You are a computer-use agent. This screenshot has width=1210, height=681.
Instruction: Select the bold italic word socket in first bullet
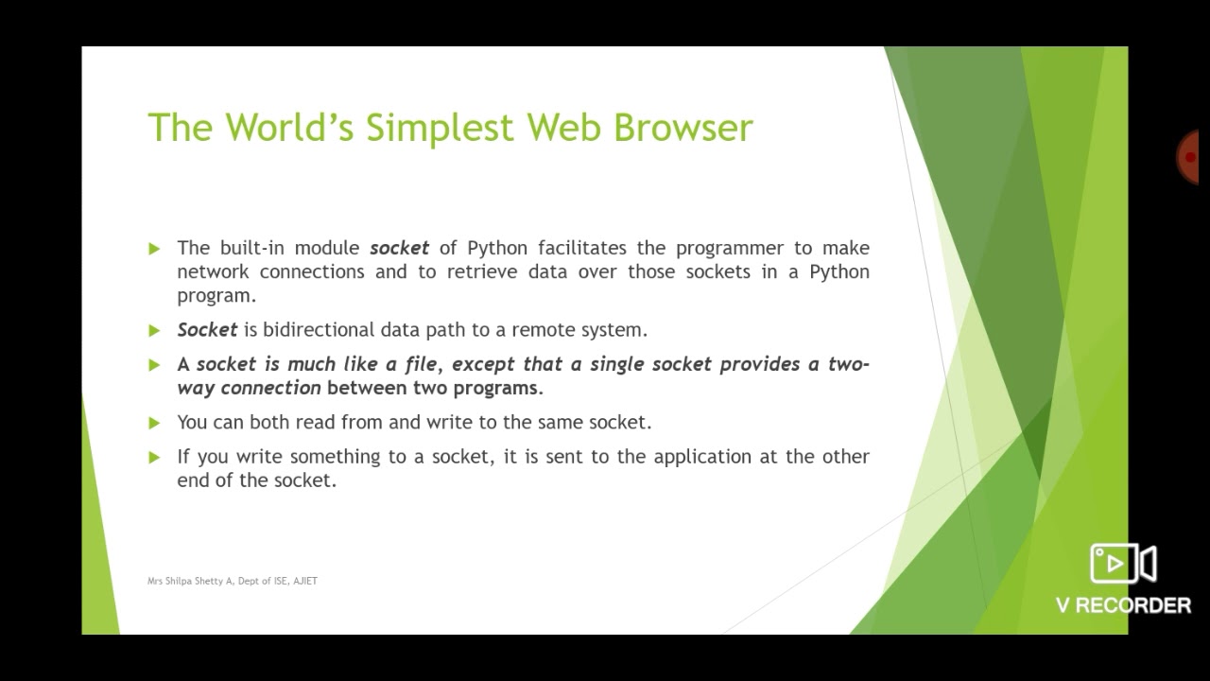(399, 248)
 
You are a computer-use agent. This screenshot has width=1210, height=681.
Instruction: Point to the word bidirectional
(319, 330)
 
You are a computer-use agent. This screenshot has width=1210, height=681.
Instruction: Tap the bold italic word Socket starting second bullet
(207, 330)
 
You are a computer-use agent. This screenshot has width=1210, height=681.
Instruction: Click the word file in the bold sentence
(421, 364)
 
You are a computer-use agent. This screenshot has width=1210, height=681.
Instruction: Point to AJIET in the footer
(305, 581)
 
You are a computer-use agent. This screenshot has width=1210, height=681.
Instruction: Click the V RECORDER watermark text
(1123, 605)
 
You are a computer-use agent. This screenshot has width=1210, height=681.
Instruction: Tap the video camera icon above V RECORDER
(1123, 564)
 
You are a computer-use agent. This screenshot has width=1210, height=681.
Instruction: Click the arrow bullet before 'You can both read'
(154, 422)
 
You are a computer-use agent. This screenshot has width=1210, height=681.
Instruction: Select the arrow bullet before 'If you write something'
(154, 457)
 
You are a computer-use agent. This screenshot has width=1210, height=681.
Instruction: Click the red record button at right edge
(1189, 157)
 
